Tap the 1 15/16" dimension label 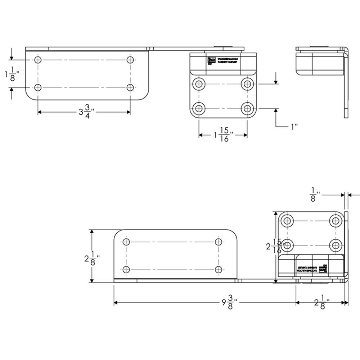pos(223,135)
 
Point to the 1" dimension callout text pos(294,126)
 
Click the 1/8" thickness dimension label pos(314,194)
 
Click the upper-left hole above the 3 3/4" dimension pos(39,60)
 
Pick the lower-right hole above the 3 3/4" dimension pos(130,87)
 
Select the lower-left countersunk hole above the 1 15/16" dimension pos(198,108)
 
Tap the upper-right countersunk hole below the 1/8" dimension pos(336,220)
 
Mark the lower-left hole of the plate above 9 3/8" pos(126,269)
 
